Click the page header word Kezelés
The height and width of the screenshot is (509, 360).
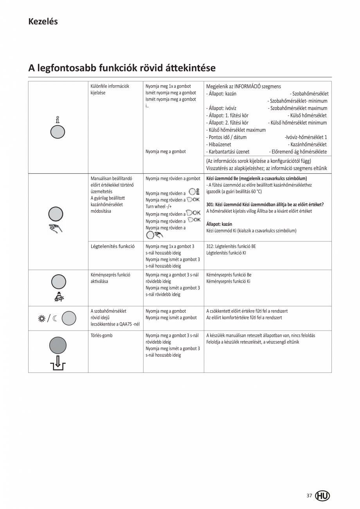43,22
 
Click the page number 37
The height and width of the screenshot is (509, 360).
309,495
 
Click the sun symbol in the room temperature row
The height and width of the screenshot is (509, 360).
41,318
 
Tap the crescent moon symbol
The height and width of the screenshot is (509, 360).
55,318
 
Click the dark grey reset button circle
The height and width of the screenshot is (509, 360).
58,345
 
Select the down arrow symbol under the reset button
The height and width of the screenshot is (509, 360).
58,363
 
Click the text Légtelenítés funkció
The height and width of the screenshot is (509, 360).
113,246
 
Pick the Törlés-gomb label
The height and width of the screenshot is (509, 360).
101,335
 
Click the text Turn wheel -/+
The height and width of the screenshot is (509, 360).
159,207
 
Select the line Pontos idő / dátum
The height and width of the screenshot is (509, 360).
226,137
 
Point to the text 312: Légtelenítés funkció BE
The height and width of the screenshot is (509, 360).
231,246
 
